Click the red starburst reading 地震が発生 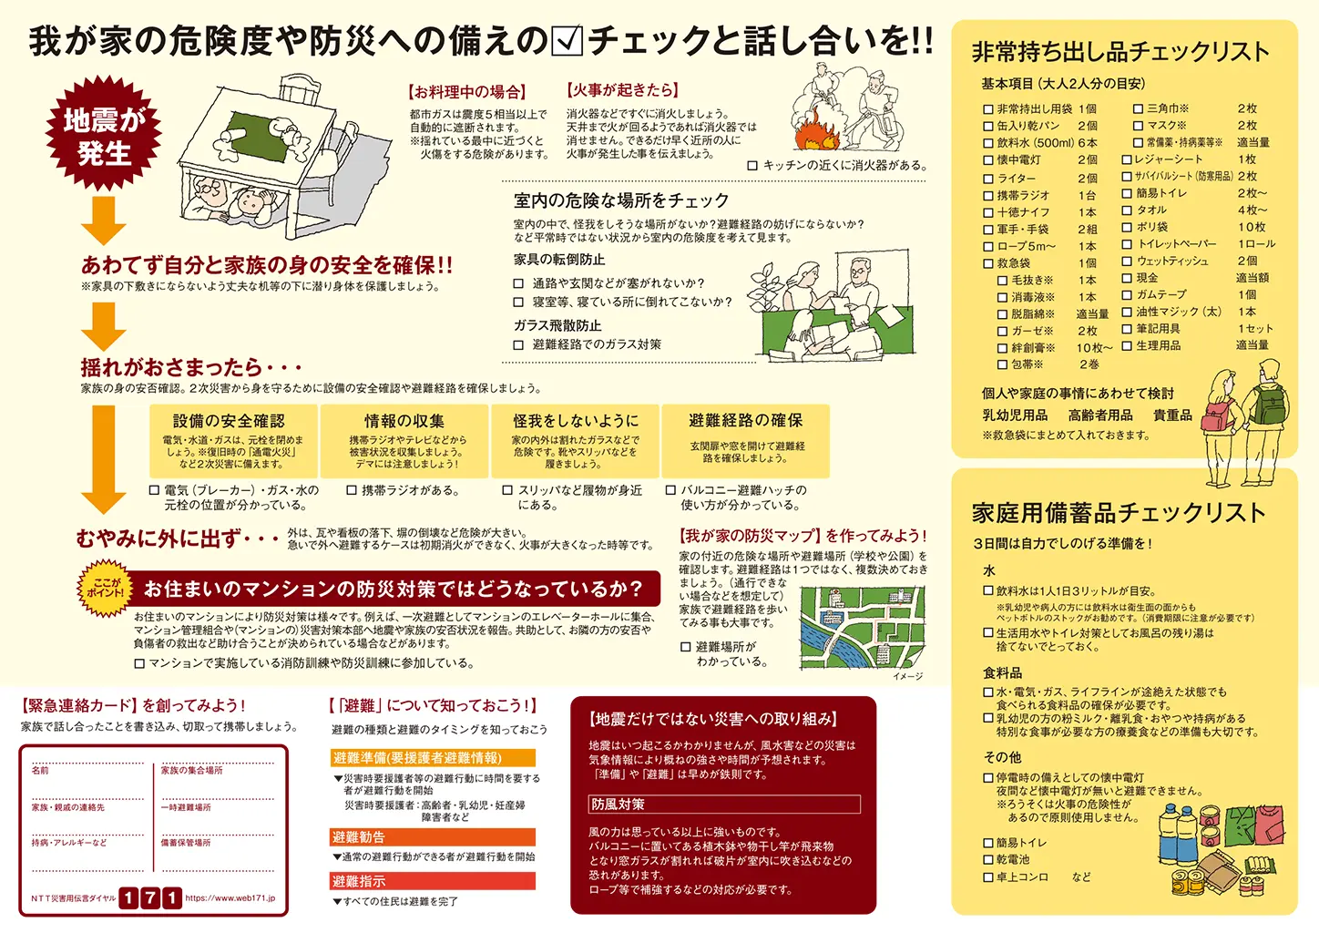click(104, 136)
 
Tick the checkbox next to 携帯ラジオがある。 click(352, 490)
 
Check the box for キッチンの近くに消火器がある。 click(752, 166)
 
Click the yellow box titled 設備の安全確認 click(233, 441)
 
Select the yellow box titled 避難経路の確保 click(746, 441)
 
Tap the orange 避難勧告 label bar click(433, 837)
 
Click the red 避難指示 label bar click(433, 881)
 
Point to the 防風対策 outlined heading click(724, 805)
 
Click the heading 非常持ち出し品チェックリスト click(1120, 52)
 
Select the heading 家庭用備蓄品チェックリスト click(1119, 513)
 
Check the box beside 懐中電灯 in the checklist click(988, 160)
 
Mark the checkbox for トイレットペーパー click(1127, 244)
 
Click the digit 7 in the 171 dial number click(149, 898)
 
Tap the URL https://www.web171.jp click(230, 898)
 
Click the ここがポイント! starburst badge click(107, 588)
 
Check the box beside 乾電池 click(988, 860)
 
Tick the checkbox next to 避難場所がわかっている click(686, 647)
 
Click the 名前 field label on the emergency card click(40, 771)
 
